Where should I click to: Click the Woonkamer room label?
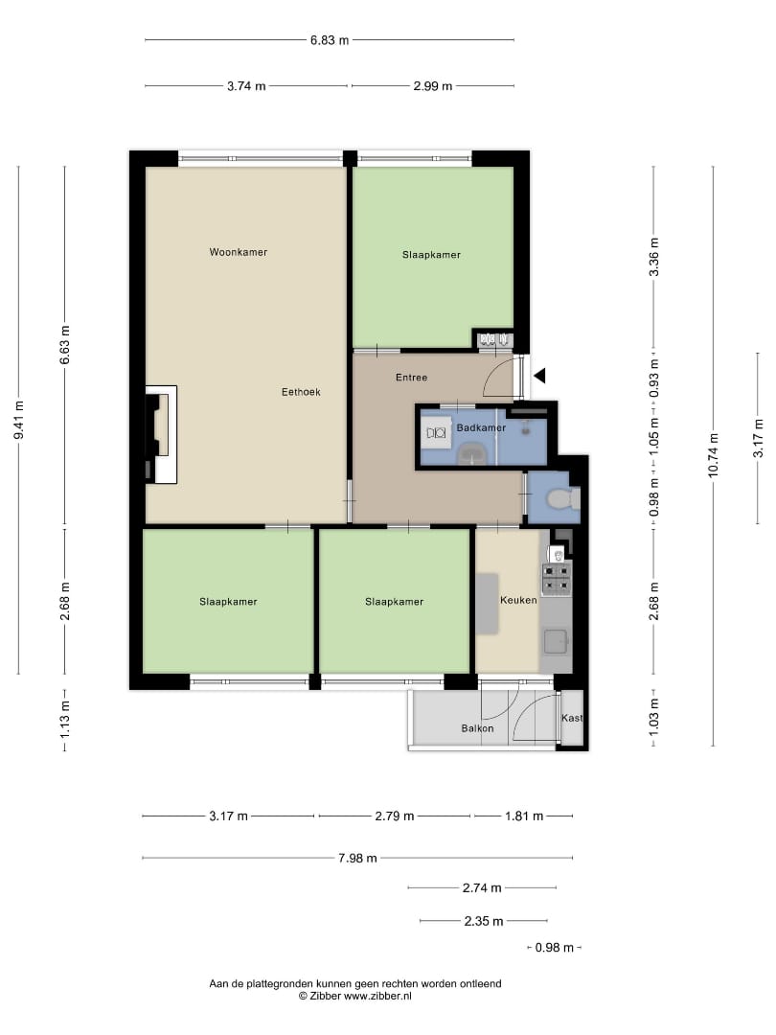pos(239,252)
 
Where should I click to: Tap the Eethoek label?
pos(301,392)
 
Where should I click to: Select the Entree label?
pos(412,378)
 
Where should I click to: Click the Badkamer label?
pos(481,427)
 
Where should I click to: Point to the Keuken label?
pos(518,600)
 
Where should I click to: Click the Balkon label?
pos(477,728)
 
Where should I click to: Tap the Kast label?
pos(572,718)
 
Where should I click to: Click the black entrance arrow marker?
pos(539,377)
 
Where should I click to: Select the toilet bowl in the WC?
pos(561,498)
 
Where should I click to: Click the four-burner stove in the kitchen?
pos(557,578)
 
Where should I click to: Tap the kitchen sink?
pos(556,641)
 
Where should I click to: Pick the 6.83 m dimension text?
pos(330,40)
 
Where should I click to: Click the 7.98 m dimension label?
pos(357,858)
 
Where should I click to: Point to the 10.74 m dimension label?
pos(714,455)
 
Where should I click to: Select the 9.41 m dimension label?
pos(18,420)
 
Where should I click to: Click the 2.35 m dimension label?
pos(484,921)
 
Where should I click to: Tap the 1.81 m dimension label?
pos(524,816)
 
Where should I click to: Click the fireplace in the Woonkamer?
pos(161,434)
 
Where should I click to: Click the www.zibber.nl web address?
pos(377,996)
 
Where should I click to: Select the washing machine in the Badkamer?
pos(436,433)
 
